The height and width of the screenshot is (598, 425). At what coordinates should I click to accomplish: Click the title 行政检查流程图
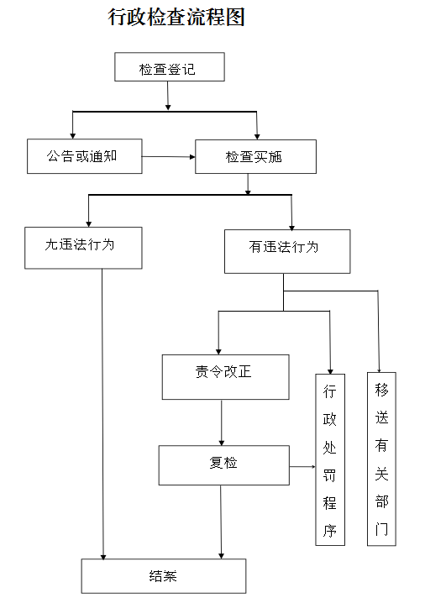(x=176, y=17)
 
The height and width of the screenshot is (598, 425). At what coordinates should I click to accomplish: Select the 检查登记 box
(x=170, y=66)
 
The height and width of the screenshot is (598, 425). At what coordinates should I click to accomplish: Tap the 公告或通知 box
(x=84, y=156)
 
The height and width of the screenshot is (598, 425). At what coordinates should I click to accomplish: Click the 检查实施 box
(x=255, y=157)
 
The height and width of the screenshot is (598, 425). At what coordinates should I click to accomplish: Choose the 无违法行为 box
(x=83, y=248)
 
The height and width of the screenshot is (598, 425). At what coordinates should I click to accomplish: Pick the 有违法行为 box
(x=287, y=251)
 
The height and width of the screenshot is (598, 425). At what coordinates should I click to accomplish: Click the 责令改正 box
(x=225, y=377)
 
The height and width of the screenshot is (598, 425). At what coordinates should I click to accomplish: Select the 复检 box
(x=224, y=465)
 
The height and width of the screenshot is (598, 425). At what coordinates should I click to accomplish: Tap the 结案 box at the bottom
(x=163, y=576)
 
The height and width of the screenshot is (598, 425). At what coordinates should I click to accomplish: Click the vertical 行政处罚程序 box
(x=330, y=459)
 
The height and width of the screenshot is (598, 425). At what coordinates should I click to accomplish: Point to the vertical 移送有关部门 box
(x=381, y=459)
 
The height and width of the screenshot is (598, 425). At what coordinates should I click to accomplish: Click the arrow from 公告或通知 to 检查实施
(x=169, y=157)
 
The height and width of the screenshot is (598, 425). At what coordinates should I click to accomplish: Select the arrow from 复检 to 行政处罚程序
(x=302, y=466)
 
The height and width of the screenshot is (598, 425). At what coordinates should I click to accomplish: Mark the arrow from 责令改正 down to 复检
(x=222, y=422)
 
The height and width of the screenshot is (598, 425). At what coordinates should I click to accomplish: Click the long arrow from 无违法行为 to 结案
(x=102, y=414)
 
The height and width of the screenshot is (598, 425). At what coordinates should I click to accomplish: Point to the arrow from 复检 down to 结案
(x=221, y=522)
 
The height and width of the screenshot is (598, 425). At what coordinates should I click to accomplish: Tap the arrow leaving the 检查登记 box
(x=168, y=96)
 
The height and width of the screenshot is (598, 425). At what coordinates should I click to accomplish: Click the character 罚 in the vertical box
(x=329, y=475)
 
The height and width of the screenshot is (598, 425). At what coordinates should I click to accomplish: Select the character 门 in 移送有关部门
(x=381, y=529)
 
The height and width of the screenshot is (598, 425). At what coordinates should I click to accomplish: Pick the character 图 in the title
(x=235, y=17)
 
